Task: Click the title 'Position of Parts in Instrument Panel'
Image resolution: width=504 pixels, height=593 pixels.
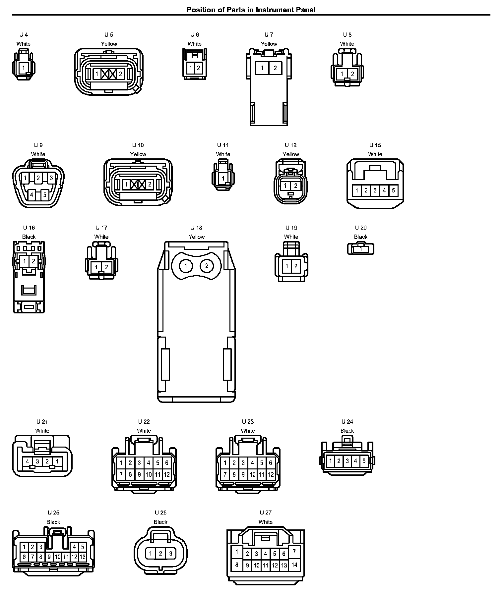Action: click(251, 10)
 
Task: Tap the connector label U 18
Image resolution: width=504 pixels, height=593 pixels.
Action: click(196, 228)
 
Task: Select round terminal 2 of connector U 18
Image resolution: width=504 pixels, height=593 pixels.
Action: click(207, 266)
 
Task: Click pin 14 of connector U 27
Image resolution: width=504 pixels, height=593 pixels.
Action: click(294, 565)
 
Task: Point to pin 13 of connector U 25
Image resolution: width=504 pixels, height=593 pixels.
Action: click(83, 557)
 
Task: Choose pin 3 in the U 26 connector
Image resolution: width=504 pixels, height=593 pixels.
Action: click(170, 553)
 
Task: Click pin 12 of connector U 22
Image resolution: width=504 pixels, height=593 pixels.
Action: click(167, 474)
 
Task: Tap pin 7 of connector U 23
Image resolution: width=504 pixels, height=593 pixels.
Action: click(225, 474)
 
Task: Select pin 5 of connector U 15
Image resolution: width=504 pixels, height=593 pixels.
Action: click(393, 190)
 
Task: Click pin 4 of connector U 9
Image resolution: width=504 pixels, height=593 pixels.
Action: click(31, 195)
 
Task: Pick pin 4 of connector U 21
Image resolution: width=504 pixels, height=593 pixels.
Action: click(28, 461)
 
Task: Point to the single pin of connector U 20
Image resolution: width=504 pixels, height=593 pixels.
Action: click(361, 249)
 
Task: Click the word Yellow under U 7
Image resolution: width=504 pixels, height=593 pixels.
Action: click(269, 44)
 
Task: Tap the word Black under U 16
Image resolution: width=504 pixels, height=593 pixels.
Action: click(29, 237)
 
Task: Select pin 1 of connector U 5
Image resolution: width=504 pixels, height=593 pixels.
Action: click(97, 74)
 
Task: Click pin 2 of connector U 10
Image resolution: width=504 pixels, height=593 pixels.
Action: click(150, 184)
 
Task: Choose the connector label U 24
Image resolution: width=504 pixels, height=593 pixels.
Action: click(347, 421)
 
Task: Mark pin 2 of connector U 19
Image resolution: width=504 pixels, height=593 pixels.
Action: click(296, 266)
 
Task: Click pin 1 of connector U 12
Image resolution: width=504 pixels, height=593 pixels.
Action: click(285, 186)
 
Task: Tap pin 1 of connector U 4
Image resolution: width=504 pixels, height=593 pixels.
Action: click(24, 68)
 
